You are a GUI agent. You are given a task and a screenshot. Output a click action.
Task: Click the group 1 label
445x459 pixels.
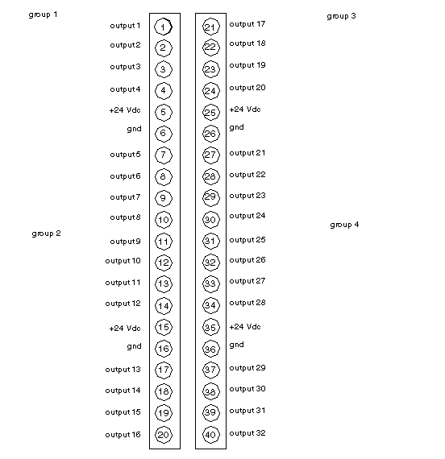(43, 14)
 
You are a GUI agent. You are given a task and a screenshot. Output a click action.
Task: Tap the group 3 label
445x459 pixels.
(341, 16)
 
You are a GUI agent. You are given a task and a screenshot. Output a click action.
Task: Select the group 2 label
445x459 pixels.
(46, 234)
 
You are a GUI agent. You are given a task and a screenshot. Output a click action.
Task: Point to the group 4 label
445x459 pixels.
(344, 225)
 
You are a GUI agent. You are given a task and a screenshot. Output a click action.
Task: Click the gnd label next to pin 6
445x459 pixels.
(135, 130)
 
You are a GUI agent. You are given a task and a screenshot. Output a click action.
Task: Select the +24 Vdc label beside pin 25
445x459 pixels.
(245, 110)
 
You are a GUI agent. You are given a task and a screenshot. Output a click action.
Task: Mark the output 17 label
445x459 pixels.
(247, 24)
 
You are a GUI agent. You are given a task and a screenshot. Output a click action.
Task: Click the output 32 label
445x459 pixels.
(247, 433)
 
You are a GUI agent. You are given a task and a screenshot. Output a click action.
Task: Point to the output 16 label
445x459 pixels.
(123, 435)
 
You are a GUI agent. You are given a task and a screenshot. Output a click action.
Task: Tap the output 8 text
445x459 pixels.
(125, 217)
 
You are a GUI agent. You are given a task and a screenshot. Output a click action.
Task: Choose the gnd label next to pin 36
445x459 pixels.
(236, 345)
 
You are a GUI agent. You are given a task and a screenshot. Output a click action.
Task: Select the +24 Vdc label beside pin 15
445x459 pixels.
(125, 329)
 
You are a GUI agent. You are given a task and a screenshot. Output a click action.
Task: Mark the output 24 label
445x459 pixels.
(247, 216)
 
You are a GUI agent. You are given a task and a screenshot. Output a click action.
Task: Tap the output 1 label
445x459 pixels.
(125, 26)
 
